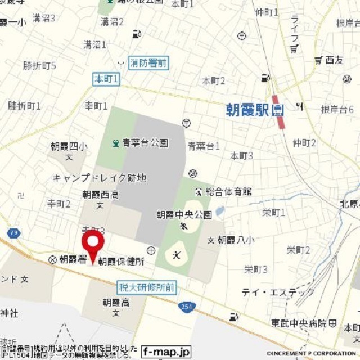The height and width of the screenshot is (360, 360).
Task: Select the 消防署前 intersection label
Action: pyautogui.click(x=148, y=63)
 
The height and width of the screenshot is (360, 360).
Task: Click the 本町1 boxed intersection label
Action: pyautogui.click(x=106, y=80)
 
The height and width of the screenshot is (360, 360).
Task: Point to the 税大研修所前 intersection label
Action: pyautogui.click(x=147, y=287)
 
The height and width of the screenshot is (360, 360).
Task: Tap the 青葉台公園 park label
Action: pyautogui.click(x=143, y=143)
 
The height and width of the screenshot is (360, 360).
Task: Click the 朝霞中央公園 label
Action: pyautogui.click(x=183, y=214)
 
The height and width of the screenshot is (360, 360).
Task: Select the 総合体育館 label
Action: pyautogui.click(x=228, y=192)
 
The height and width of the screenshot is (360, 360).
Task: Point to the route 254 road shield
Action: pyautogui.click(x=187, y=307)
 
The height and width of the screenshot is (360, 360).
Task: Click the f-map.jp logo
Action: pyautogui.click(x=166, y=352)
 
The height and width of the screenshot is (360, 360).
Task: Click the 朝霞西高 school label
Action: pyautogui.click(x=100, y=195)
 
